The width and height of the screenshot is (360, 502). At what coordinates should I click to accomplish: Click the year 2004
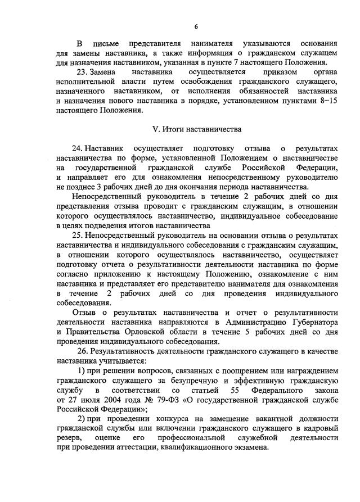coord(106,400)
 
